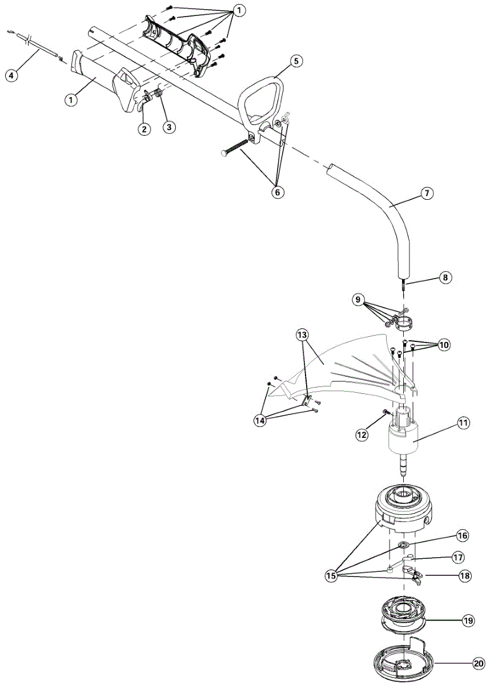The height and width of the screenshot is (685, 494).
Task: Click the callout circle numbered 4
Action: coord(11,74)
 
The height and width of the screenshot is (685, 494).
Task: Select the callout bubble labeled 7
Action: coord(425,193)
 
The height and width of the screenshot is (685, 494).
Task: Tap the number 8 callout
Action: coord(445,277)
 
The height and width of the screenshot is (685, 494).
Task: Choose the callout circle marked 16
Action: coord(463,535)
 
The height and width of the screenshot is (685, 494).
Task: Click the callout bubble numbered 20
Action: coord(478,664)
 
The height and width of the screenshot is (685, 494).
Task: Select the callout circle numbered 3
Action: coord(168,127)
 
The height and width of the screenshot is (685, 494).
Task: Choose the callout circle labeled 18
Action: coord(465,576)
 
